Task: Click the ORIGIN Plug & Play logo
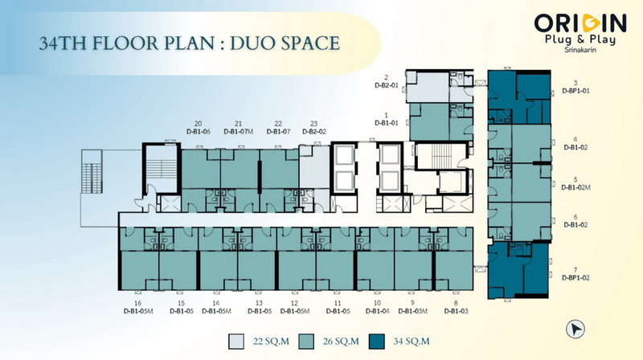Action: coord(580,33)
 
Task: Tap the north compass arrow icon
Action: coord(575,329)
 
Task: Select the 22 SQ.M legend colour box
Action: coord(236,342)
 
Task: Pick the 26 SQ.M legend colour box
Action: coord(306,342)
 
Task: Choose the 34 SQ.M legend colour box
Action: coord(376,342)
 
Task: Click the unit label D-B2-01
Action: coord(387,86)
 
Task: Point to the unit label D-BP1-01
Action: coord(575,91)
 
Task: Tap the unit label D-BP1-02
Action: coord(575,277)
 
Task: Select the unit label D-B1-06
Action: coord(199,132)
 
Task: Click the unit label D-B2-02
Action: coord(314,132)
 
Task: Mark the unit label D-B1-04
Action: coord(377,311)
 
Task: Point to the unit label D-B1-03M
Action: coord(412,311)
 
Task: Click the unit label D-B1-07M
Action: coord(239,132)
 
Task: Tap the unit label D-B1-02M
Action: coord(575,187)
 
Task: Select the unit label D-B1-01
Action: coord(387,123)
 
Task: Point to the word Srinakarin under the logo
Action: coord(580,50)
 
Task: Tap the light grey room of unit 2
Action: coord(428,87)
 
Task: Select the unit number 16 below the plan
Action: coord(137,303)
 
